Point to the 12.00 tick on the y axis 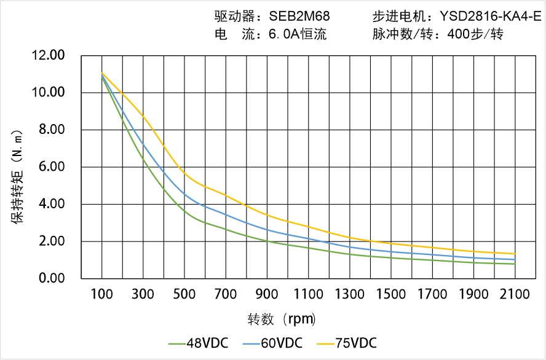[48, 56]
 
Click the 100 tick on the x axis [101, 294]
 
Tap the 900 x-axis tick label [267, 294]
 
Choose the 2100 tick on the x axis [515, 294]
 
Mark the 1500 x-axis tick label [391, 294]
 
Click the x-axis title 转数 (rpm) [282, 319]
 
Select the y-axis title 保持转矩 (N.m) [18, 174]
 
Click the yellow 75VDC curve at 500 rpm [184, 174]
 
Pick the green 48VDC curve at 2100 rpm [515, 264]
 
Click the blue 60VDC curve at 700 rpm [226, 214]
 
